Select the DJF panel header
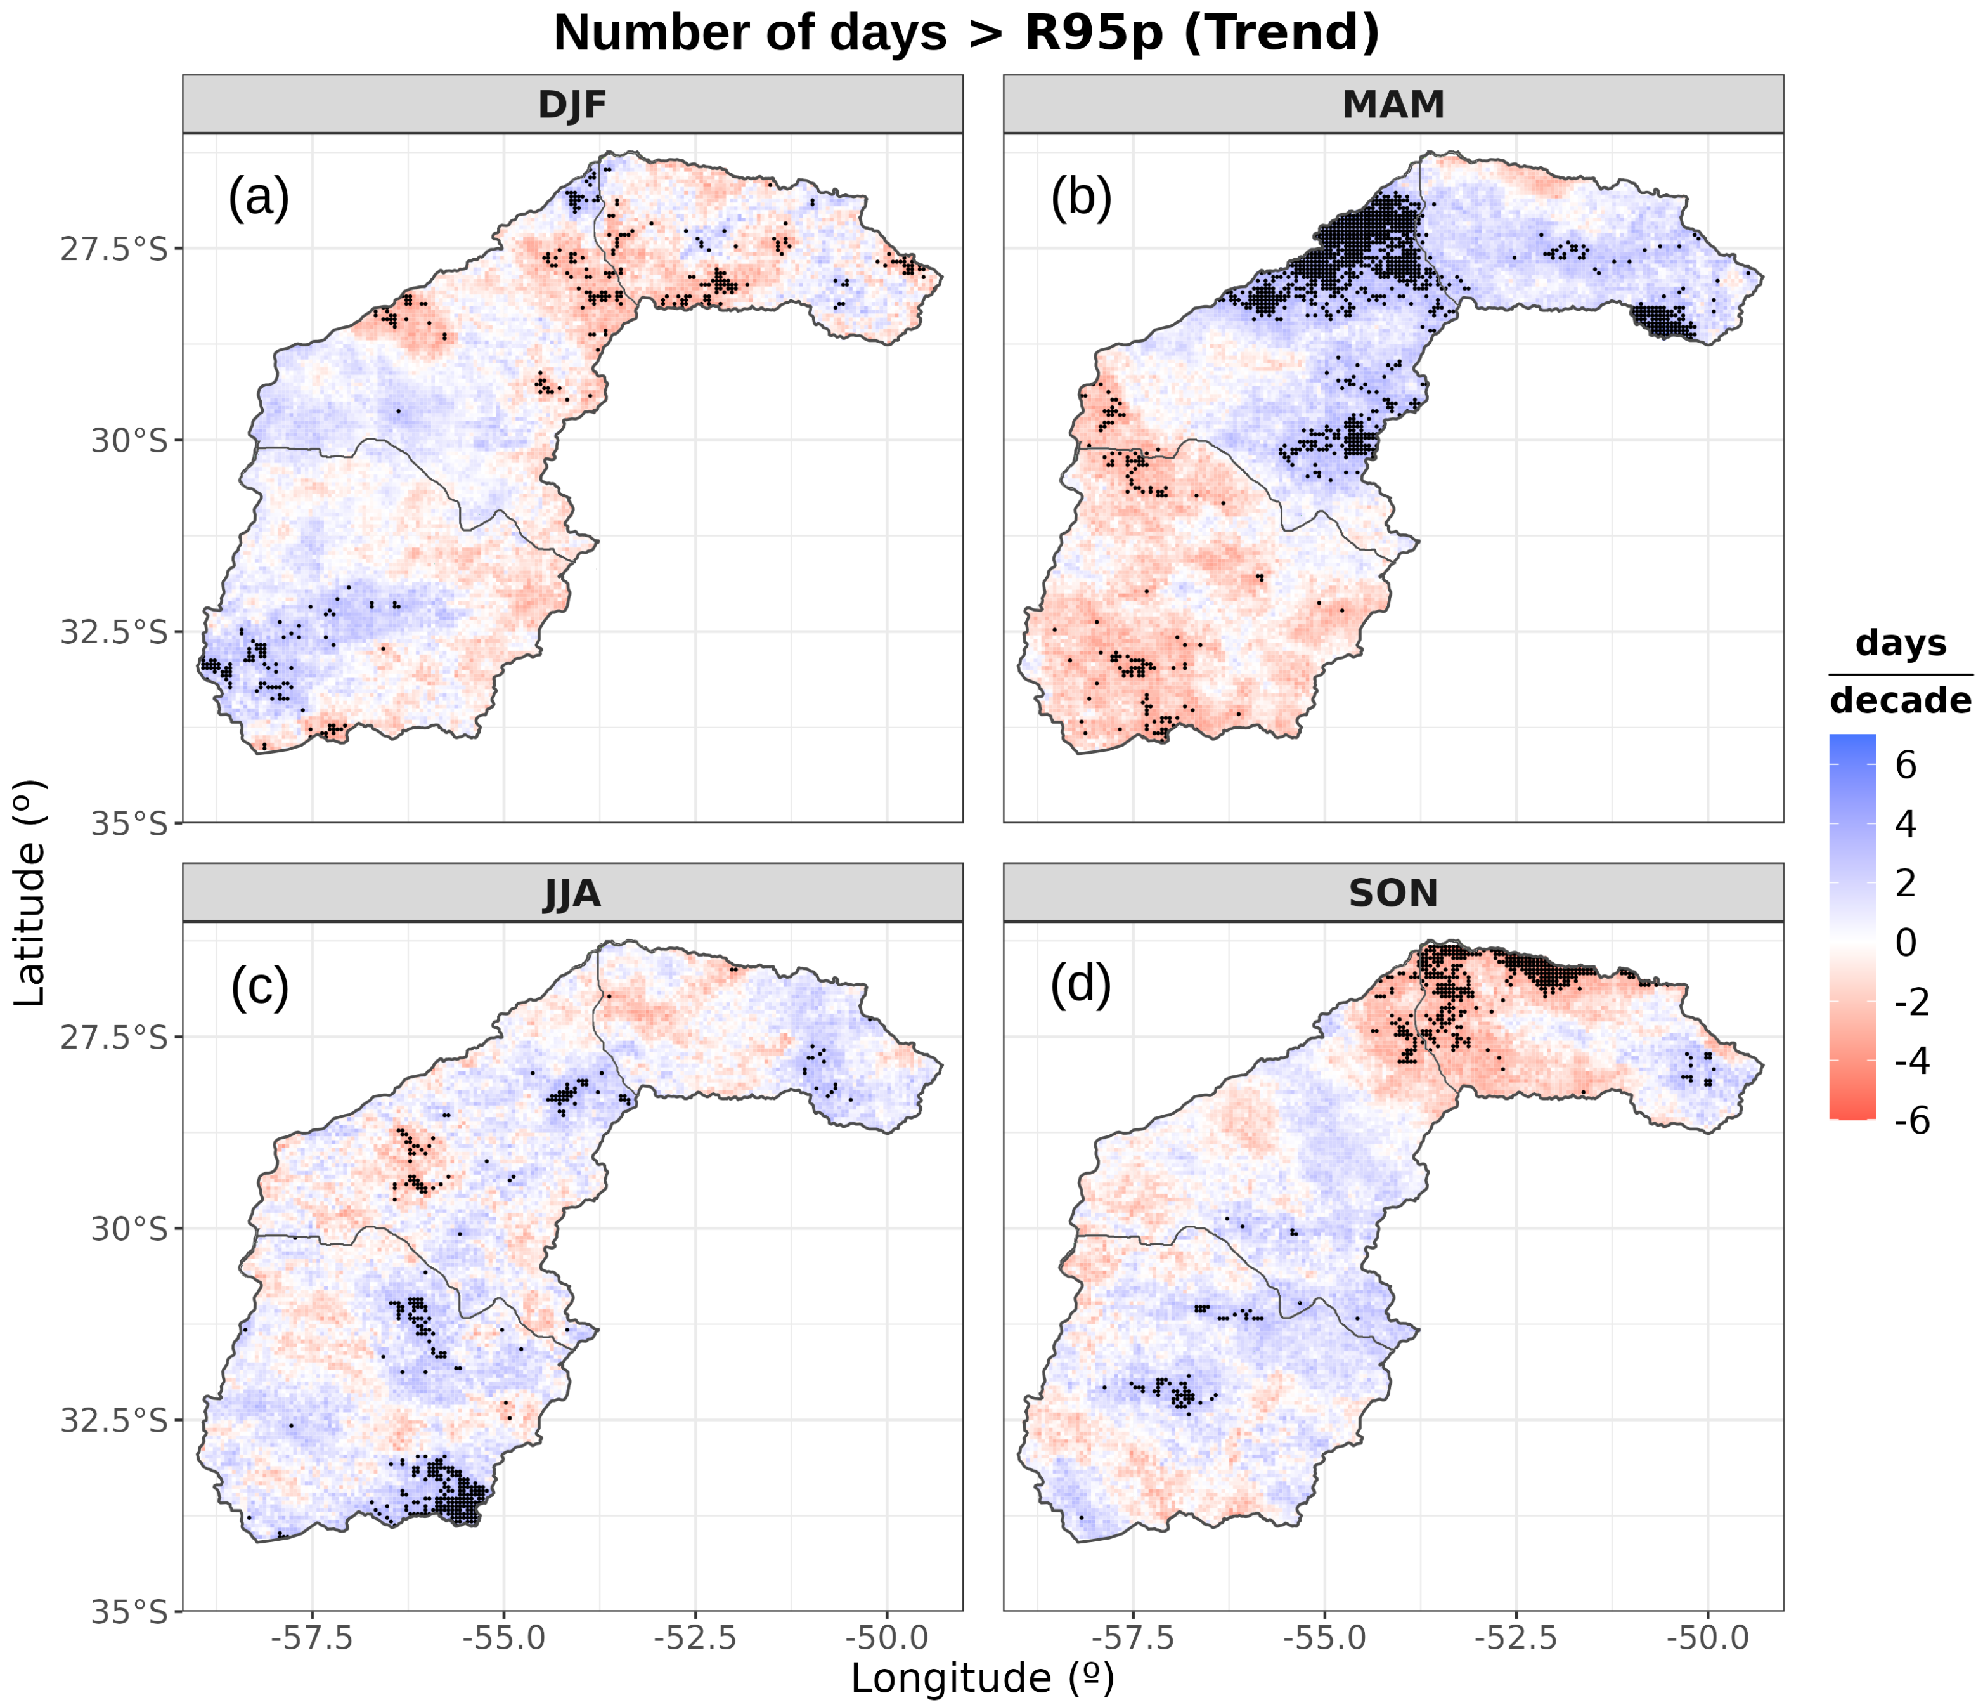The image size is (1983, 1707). pyautogui.click(x=572, y=105)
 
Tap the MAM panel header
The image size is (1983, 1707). pyautogui.click(x=1393, y=105)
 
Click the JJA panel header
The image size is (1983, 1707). pyautogui.click(x=572, y=893)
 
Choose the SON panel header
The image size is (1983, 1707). pyautogui.click(x=1393, y=893)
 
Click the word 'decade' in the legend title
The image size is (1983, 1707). pyautogui.click(x=1901, y=701)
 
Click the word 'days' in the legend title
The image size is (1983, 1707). pyautogui.click(x=1901, y=643)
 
